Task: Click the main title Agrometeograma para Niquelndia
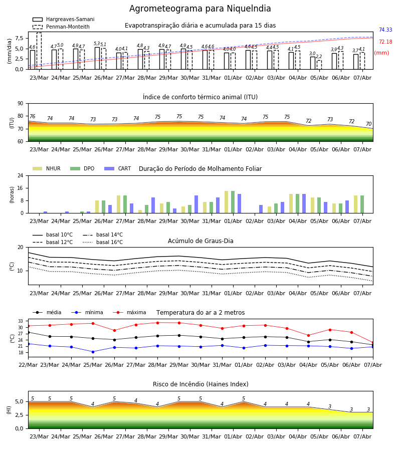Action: (200, 9)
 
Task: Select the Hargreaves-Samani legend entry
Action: (63, 19)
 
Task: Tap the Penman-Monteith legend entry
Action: (61, 27)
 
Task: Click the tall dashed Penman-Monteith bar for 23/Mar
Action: (39, 51)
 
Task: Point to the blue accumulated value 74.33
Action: (385, 30)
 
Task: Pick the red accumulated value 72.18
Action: (385, 42)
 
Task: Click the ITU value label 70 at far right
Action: (368, 124)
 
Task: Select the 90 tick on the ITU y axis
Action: (21, 104)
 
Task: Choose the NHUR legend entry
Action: (47, 168)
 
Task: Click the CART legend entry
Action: (118, 168)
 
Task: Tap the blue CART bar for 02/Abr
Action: (261, 209)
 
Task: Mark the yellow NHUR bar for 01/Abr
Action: (227, 202)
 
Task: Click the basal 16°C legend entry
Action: (103, 242)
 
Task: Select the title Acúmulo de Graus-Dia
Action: (200, 241)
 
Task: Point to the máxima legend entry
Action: (130, 312)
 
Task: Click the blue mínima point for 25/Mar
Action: (93, 352)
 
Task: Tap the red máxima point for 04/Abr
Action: (309, 335)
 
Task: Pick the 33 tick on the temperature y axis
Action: (21, 321)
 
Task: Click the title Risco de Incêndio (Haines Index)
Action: (200, 384)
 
